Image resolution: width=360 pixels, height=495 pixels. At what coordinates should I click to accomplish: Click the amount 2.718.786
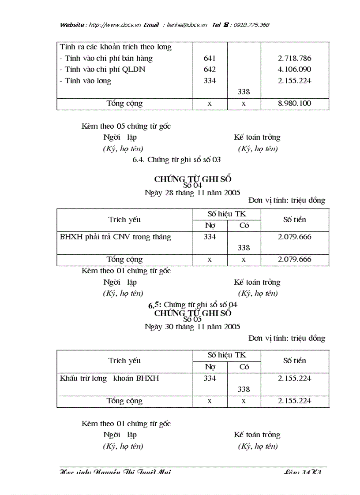(295, 58)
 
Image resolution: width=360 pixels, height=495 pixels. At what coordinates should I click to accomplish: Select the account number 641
(210, 58)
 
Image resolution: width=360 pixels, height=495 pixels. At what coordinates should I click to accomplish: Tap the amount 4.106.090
(295, 70)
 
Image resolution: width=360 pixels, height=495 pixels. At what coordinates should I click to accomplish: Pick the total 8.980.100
(295, 104)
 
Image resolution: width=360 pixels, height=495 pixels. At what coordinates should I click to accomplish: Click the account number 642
(210, 70)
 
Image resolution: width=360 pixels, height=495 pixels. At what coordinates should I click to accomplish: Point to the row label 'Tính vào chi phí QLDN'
(102, 70)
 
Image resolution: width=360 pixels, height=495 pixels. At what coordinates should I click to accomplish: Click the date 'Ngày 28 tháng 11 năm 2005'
(192, 193)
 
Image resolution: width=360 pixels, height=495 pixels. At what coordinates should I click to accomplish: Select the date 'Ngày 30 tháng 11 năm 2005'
(192, 327)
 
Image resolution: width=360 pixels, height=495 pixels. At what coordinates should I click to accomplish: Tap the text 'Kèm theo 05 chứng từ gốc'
(126, 127)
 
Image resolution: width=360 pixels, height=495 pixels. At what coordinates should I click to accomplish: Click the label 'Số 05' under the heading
(192, 319)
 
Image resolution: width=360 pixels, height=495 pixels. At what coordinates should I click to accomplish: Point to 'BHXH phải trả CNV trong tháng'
(116, 237)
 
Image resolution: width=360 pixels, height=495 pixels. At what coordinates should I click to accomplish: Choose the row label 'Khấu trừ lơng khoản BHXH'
(109, 378)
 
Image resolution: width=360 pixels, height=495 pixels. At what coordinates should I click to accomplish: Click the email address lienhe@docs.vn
(187, 25)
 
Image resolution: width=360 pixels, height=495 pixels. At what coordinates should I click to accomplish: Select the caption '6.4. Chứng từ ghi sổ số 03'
(176, 160)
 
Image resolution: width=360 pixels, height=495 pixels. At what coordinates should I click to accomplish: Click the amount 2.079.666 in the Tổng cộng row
(295, 260)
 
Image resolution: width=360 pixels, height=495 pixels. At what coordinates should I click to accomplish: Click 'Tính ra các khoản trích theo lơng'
(116, 47)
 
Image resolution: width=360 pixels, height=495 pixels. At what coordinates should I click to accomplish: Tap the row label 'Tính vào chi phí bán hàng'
(106, 58)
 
